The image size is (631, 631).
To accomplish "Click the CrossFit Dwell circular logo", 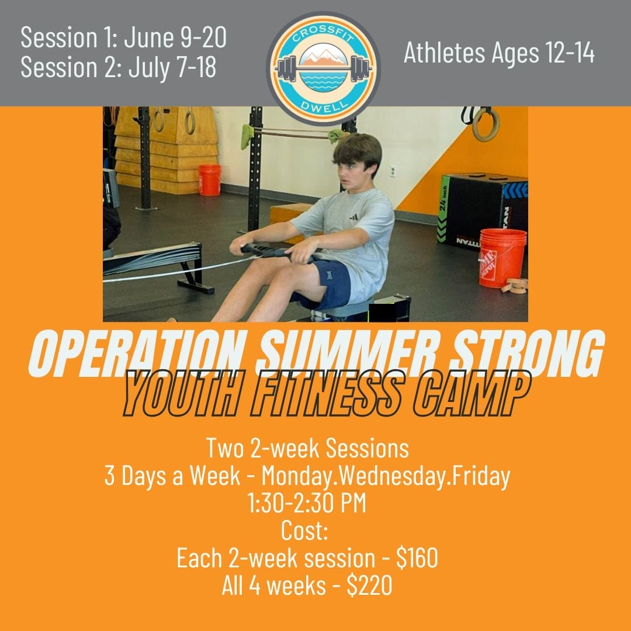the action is point(323,69).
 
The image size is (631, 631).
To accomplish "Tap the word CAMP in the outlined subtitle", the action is point(471,393).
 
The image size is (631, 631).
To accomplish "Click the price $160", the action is point(417,558).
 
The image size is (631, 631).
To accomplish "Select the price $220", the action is point(369,585).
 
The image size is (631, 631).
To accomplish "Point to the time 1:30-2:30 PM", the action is point(307,502).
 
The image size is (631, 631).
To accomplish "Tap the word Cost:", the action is point(304,530).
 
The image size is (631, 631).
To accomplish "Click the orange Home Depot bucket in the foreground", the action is point(502,258).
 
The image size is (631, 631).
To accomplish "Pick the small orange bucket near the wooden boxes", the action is point(210,180).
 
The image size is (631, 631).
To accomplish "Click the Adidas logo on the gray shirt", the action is point(353,217).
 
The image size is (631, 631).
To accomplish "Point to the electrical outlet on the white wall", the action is point(393,171).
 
